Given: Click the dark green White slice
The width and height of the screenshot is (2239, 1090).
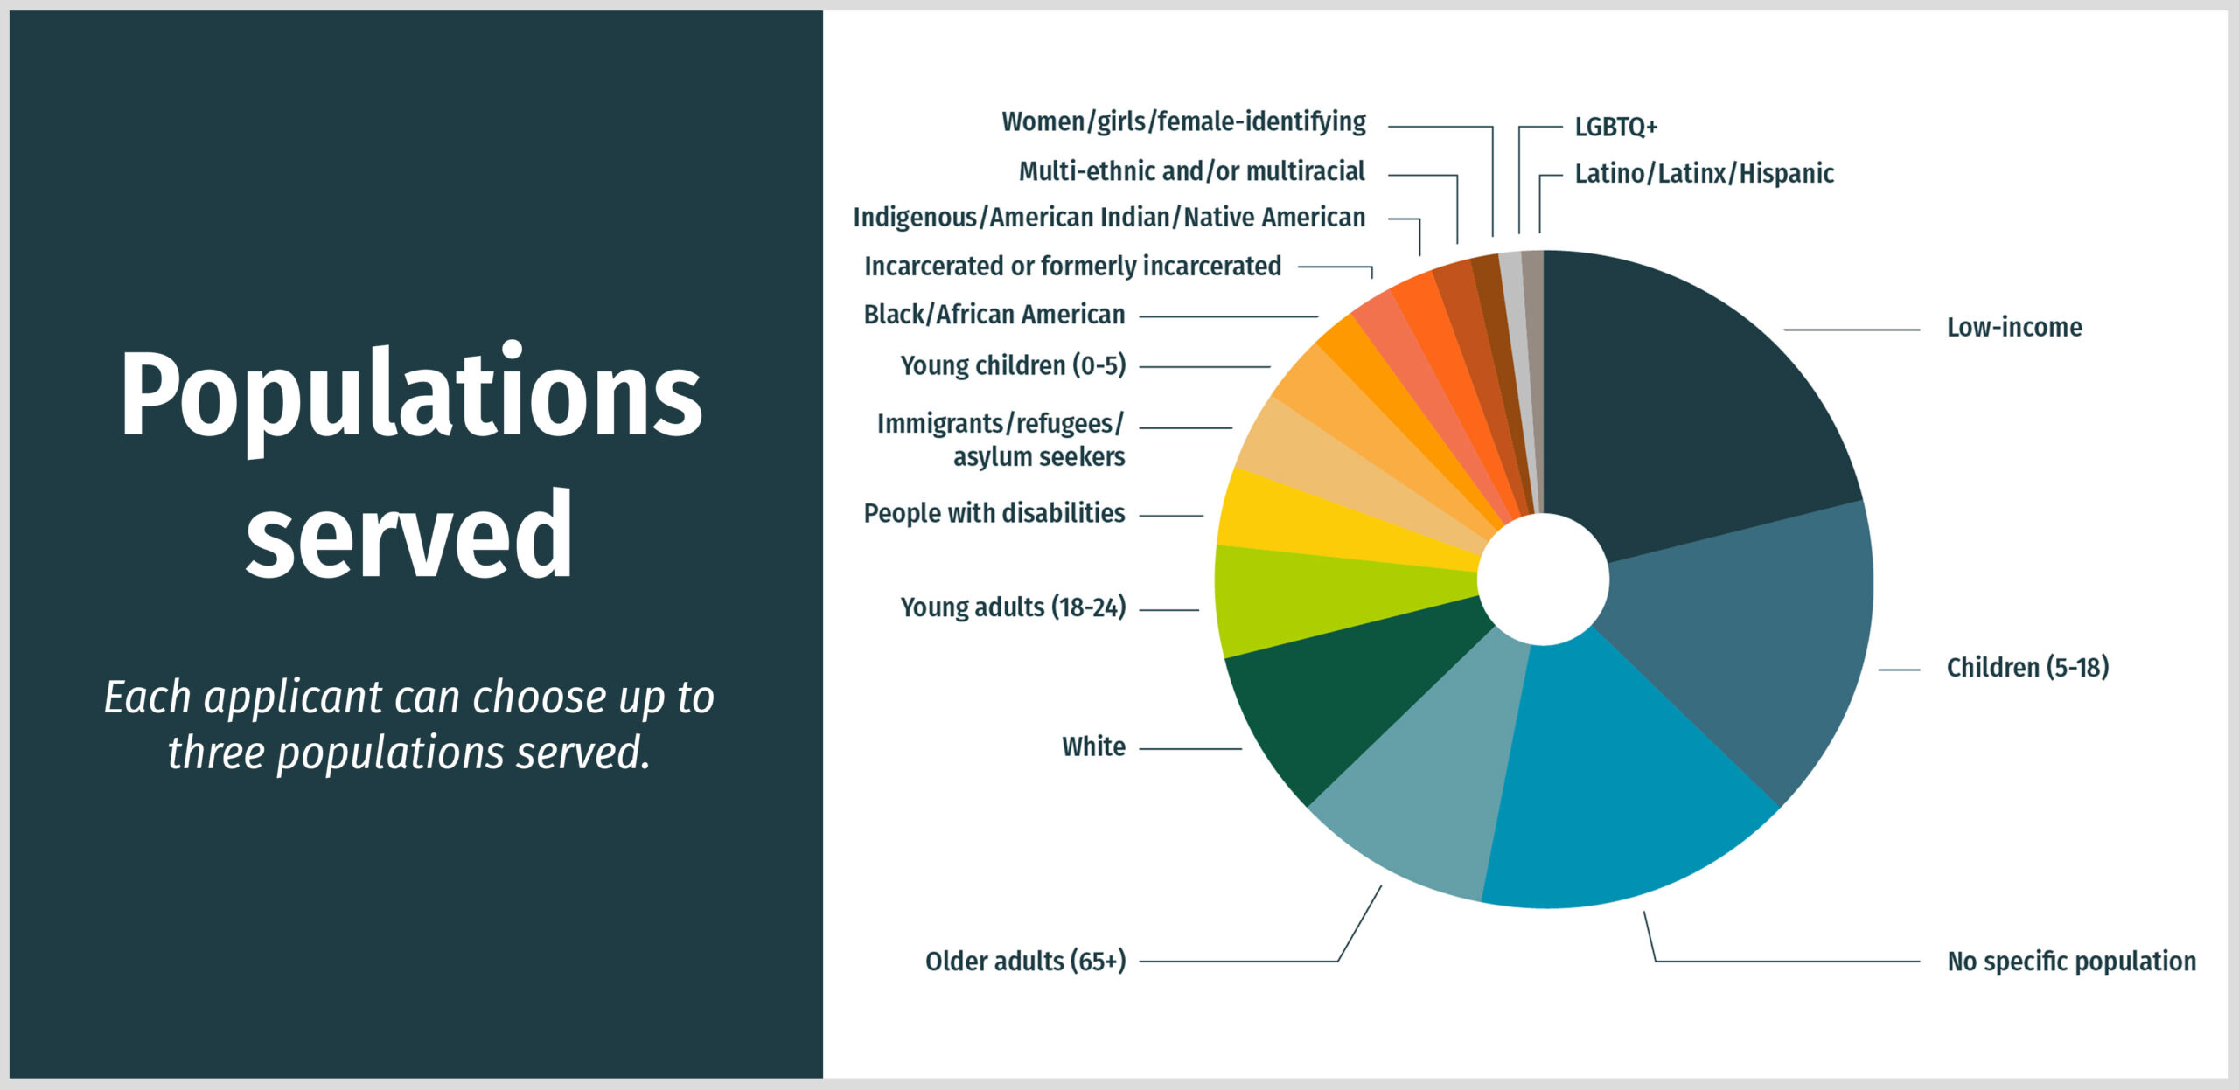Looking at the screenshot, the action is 1347,691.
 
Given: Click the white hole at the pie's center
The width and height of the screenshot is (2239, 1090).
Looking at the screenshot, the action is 1543,579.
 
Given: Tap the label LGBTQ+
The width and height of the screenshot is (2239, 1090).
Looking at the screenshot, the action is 1615,127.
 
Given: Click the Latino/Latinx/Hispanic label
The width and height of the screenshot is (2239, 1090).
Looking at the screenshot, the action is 1704,173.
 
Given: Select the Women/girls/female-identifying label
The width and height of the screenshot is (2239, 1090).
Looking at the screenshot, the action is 1183,121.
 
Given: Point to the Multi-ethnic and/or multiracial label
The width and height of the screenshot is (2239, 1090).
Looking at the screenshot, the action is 1191,170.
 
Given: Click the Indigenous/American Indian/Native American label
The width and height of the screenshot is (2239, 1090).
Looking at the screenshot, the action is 1109,217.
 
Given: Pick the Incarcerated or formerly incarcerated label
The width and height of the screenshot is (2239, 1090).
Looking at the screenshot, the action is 1072,266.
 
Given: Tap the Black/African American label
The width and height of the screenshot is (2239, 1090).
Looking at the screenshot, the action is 994,314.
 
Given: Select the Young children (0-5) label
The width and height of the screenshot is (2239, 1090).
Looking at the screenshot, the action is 1014,365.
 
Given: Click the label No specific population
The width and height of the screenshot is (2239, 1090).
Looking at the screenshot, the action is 2071,961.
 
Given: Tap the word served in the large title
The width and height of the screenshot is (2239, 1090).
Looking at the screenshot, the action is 409,535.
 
